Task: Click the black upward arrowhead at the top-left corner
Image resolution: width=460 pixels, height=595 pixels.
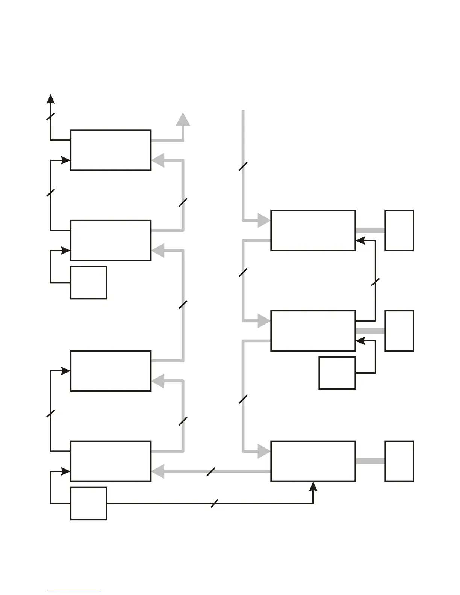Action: click(x=51, y=99)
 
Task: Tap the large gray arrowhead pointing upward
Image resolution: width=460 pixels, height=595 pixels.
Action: click(x=183, y=119)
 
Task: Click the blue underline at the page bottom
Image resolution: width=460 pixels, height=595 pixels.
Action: click(x=74, y=592)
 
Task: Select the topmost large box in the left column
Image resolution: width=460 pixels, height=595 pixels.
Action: click(x=111, y=150)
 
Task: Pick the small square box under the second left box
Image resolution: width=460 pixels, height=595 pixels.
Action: click(x=89, y=282)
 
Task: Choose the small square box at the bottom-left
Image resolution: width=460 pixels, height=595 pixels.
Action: click(x=89, y=503)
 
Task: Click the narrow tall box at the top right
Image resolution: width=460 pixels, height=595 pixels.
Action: click(x=399, y=230)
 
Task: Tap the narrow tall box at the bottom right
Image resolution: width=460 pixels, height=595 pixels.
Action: click(x=399, y=461)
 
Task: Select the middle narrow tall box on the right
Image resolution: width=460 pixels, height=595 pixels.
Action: click(x=399, y=331)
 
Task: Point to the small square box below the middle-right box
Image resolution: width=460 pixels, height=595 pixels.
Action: click(x=337, y=373)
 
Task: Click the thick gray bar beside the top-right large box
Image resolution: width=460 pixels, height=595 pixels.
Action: click(x=370, y=230)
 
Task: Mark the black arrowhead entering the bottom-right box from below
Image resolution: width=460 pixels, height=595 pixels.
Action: click(x=313, y=486)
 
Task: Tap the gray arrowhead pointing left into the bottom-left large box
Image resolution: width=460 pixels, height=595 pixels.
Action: click(x=158, y=471)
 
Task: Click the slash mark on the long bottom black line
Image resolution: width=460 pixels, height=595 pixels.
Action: click(x=215, y=503)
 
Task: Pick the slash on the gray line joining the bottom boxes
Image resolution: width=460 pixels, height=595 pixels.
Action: click(x=211, y=471)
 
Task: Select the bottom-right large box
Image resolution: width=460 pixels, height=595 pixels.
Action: click(x=313, y=461)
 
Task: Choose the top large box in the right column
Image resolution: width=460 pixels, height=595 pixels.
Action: click(x=313, y=230)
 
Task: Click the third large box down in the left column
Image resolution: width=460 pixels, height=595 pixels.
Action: click(x=111, y=371)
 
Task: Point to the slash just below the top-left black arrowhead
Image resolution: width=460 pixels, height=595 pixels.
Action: click(x=51, y=116)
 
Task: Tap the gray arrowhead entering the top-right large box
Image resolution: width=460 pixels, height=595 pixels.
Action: click(x=264, y=220)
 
